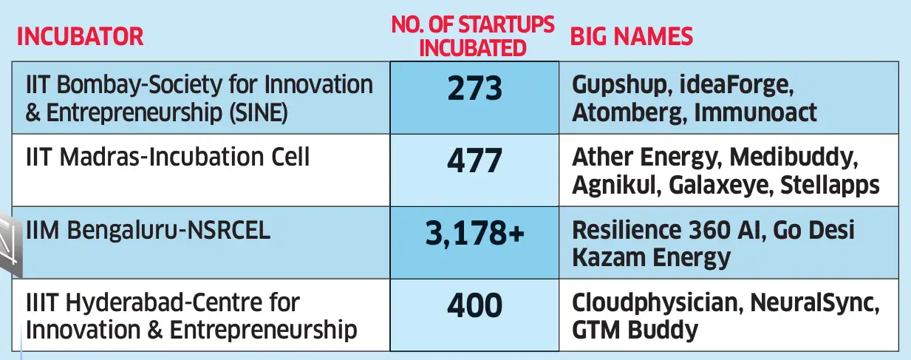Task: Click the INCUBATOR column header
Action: [x=80, y=36]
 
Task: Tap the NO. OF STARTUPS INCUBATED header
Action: [x=473, y=35]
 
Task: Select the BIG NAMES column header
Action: [x=632, y=36]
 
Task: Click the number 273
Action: [x=474, y=89]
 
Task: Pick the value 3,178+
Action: [x=474, y=232]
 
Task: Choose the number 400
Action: [x=474, y=304]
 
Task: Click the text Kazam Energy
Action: [x=651, y=257]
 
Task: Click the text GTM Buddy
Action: [x=635, y=329]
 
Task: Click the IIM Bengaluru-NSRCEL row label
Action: [x=148, y=230]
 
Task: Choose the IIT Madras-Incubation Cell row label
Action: [x=168, y=157]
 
